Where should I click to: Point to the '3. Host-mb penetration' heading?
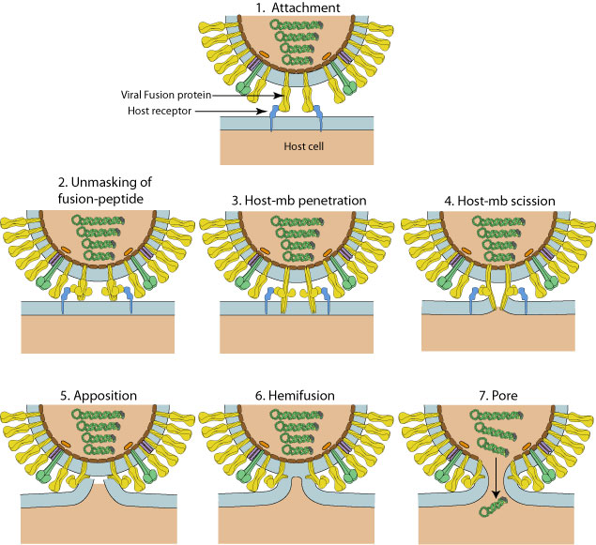pos(296,201)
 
